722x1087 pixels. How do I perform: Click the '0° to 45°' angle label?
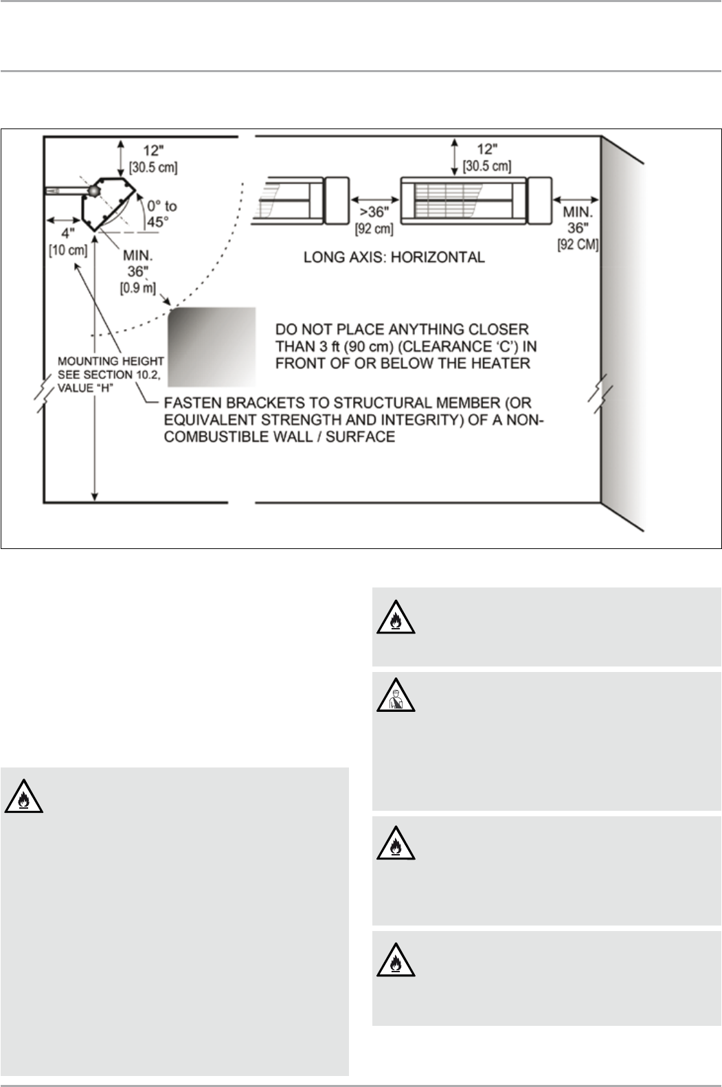pyautogui.click(x=162, y=214)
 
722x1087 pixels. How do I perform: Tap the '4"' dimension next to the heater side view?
pyautogui.click(x=68, y=234)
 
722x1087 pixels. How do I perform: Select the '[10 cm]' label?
pyautogui.click(x=68, y=250)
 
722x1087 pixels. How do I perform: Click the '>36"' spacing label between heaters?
pyautogui.click(x=374, y=212)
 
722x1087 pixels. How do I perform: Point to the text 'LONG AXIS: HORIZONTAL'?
pyautogui.click(x=394, y=257)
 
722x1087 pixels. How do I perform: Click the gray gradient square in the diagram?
pyautogui.click(x=212, y=346)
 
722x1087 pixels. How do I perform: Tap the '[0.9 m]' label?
pyautogui.click(x=138, y=288)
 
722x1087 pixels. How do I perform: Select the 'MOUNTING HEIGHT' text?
pyautogui.click(x=111, y=361)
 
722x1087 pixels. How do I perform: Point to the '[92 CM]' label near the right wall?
pyautogui.click(x=578, y=244)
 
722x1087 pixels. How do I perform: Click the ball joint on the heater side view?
pyautogui.click(x=92, y=190)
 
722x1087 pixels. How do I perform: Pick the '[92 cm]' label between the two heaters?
pyautogui.click(x=374, y=229)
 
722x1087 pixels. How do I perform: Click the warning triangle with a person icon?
pyautogui.click(x=396, y=695)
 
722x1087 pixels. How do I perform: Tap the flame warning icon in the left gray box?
pyautogui.click(x=24, y=796)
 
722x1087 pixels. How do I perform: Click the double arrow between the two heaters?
pyautogui.click(x=374, y=199)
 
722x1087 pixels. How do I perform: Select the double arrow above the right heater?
pyautogui.click(x=455, y=157)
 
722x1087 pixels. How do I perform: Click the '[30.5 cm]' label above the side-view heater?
pyautogui.click(x=153, y=168)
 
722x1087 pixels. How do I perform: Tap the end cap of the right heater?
pyautogui.click(x=539, y=201)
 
